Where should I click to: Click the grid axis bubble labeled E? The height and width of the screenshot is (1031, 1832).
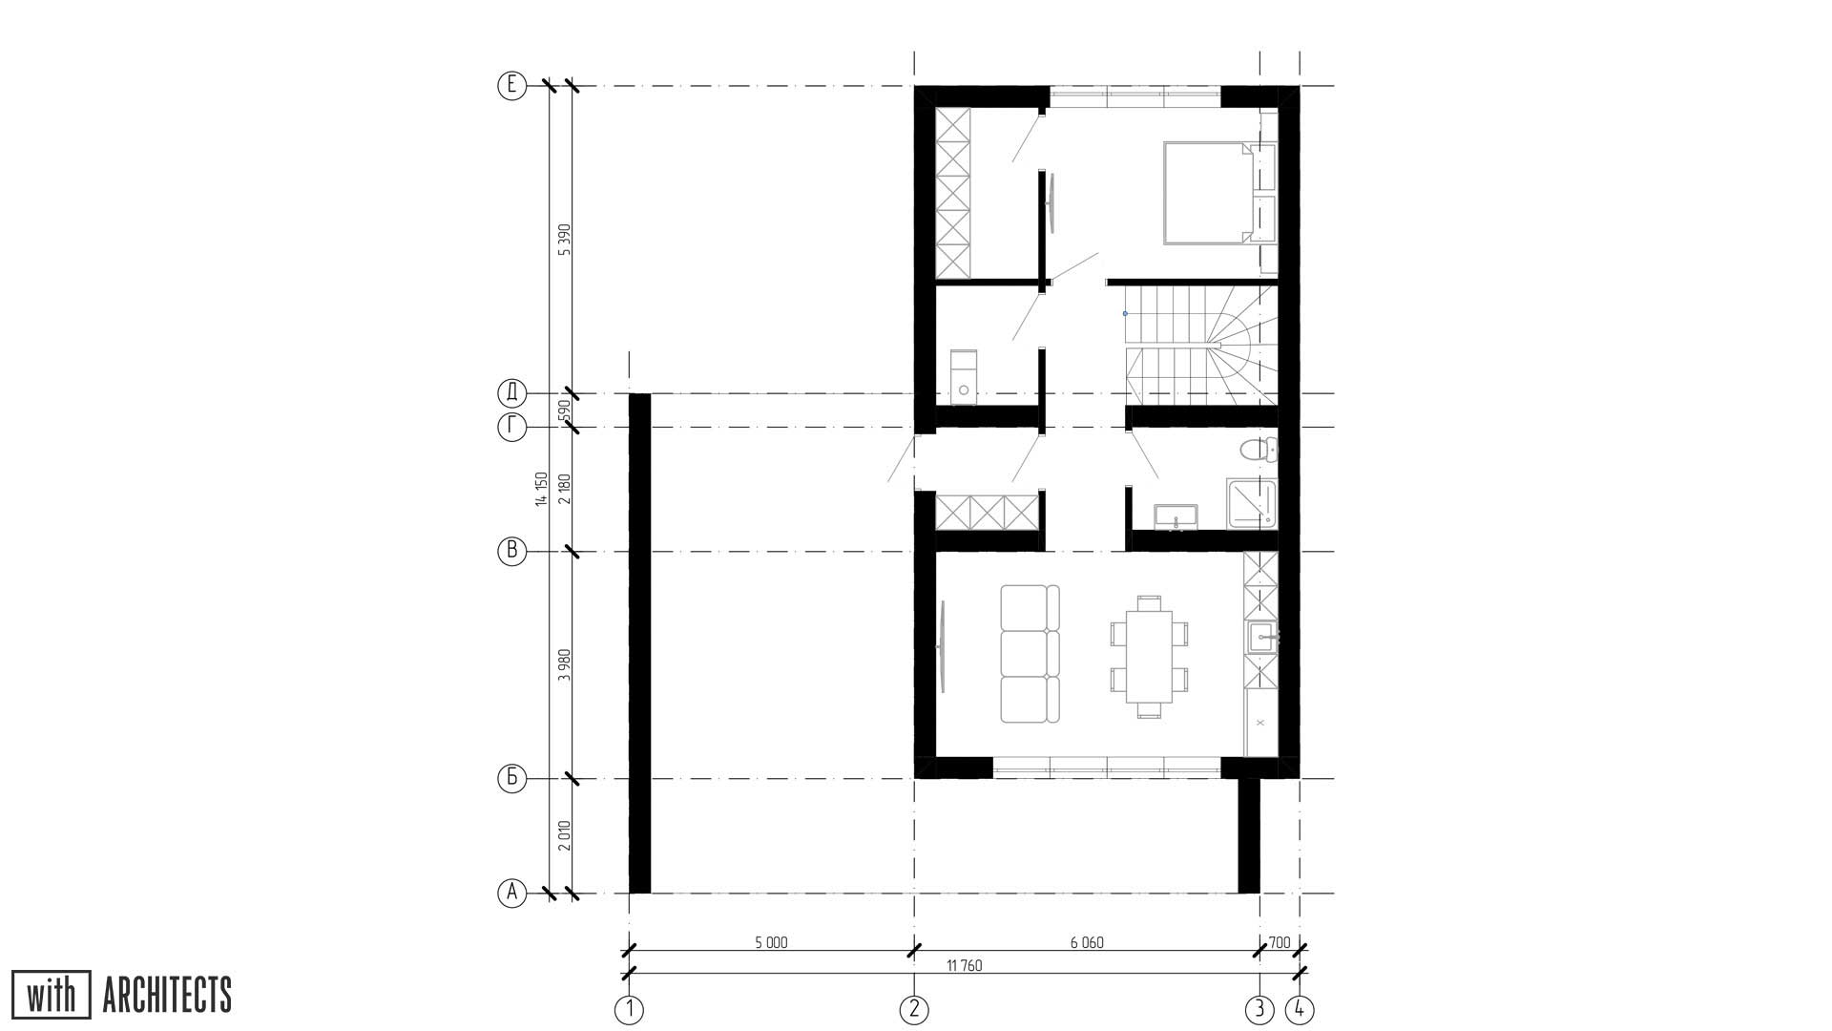coord(512,86)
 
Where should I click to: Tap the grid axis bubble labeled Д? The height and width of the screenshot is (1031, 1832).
coord(512,393)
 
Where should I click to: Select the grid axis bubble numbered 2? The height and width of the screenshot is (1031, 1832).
coord(914,1009)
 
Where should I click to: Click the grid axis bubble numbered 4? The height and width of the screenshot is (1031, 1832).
coord(1300,1009)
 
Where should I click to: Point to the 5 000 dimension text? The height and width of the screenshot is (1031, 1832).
coord(771,943)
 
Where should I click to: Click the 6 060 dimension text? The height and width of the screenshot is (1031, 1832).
coord(1087,943)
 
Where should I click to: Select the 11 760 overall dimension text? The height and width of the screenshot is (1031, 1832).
coord(965,966)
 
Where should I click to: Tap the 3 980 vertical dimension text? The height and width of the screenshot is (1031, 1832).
coord(564,664)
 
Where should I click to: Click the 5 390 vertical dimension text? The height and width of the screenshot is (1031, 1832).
coord(564,240)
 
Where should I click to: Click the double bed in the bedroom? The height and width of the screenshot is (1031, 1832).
coord(1207,192)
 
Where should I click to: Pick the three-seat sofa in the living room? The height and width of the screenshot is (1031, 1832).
coord(1030,654)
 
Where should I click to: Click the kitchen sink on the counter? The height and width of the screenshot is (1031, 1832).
coord(1261,636)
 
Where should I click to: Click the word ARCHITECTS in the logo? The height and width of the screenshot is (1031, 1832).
coord(167,995)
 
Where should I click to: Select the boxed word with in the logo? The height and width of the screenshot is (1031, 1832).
coord(52,995)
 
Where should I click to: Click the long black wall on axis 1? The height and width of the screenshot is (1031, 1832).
coord(639,643)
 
